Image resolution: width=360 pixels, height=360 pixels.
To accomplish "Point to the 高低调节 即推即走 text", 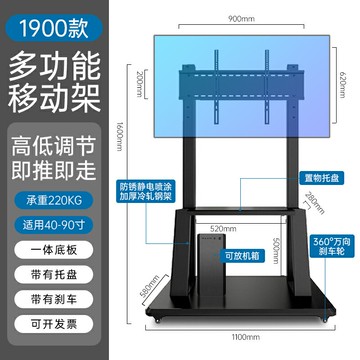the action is tap(51, 156).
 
